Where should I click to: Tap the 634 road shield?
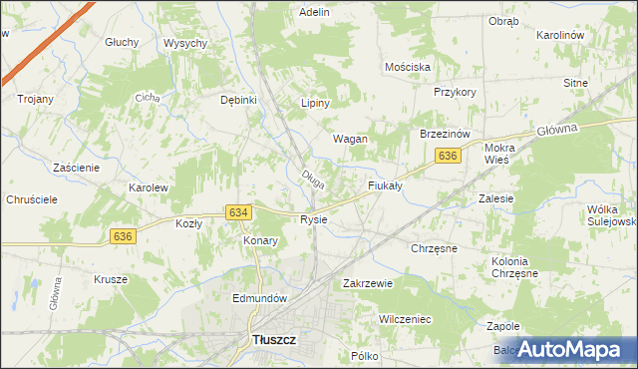coord(237,212)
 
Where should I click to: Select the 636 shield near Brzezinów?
coord(448,156)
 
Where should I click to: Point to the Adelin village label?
coord(314,12)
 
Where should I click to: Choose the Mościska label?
coord(408,67)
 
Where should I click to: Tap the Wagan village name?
coord(350,139)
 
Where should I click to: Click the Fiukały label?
coord(384,184)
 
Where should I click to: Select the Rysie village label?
coord(313,219)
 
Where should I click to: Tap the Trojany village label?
coord(35,99)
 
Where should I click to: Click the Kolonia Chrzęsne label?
coord(514,267)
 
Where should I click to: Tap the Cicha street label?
coord(149,98)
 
